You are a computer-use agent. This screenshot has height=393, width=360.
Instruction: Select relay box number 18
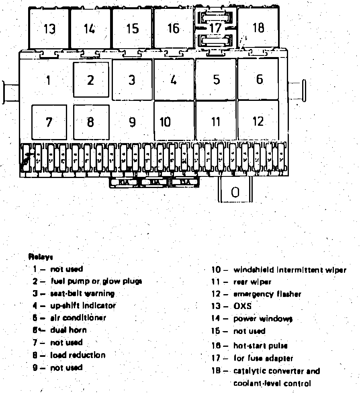[x=258, y=28]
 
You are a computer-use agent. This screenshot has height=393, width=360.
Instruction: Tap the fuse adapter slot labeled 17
[x=216, y=29]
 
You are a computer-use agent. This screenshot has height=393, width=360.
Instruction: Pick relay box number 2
[x=91, y=80]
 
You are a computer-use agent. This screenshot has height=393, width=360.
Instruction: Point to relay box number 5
[x=216, y=80]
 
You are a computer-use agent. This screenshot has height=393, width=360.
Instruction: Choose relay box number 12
[x=258, y=121]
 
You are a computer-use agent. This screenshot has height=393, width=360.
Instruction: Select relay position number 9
[x=132, y=122]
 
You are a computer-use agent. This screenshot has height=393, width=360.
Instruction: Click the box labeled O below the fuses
[x=235, y=192]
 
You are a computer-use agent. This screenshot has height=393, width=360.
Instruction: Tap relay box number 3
[x=132, y=80]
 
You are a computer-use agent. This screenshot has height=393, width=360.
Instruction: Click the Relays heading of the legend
[x=41, y=256]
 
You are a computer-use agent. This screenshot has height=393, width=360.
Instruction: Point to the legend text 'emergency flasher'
[x=267, y=294]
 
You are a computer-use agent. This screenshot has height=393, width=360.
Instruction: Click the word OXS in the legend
[x=242, y=306]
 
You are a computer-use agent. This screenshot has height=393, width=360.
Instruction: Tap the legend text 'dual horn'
[x=68, y=330]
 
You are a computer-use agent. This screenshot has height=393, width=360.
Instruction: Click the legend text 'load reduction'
[x=78, y=355]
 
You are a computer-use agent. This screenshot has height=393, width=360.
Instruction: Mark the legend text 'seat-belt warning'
[x=82, y=294]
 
